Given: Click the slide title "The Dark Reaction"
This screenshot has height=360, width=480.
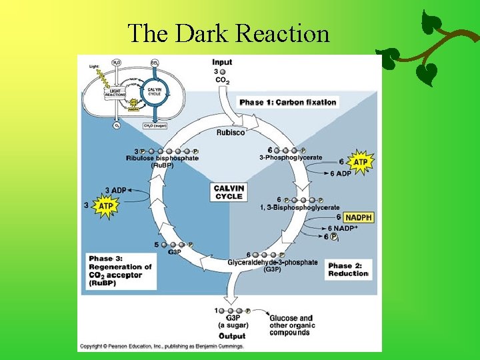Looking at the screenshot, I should point(228,32).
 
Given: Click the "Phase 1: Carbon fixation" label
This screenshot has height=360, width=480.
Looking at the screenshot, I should point(288,102).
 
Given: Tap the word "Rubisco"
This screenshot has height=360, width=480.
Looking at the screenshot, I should point(231,132).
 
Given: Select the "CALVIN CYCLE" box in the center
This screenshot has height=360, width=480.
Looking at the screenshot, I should point(229,192).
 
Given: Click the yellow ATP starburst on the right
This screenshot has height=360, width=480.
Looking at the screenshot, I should point(360,162).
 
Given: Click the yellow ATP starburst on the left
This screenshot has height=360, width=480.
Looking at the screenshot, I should point(105,207).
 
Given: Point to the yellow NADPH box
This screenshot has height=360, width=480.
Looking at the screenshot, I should point(358,217).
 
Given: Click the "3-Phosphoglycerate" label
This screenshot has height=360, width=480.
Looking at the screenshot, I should point(290,158).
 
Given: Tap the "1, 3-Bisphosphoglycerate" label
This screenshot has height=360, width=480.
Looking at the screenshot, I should point(299,207).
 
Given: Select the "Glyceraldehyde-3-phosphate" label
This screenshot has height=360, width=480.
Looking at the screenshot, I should point(273,263).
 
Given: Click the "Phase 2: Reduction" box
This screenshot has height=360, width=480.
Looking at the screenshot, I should point(348,269).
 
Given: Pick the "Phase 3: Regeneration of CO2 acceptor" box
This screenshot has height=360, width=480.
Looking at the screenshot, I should point(121,271).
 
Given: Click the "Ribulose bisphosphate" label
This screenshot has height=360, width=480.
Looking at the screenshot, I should point(162,158).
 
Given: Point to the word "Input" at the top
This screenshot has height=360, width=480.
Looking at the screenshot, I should point(222,63).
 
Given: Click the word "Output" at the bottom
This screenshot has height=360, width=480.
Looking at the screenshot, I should point(232,336).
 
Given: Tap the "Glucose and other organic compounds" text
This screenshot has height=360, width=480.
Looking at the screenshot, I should point(291,325).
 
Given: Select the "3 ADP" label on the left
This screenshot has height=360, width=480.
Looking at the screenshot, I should point(115,191).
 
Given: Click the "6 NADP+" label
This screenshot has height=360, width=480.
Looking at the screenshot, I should point(343,228).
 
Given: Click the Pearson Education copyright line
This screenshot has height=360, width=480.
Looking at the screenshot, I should point(162,347).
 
